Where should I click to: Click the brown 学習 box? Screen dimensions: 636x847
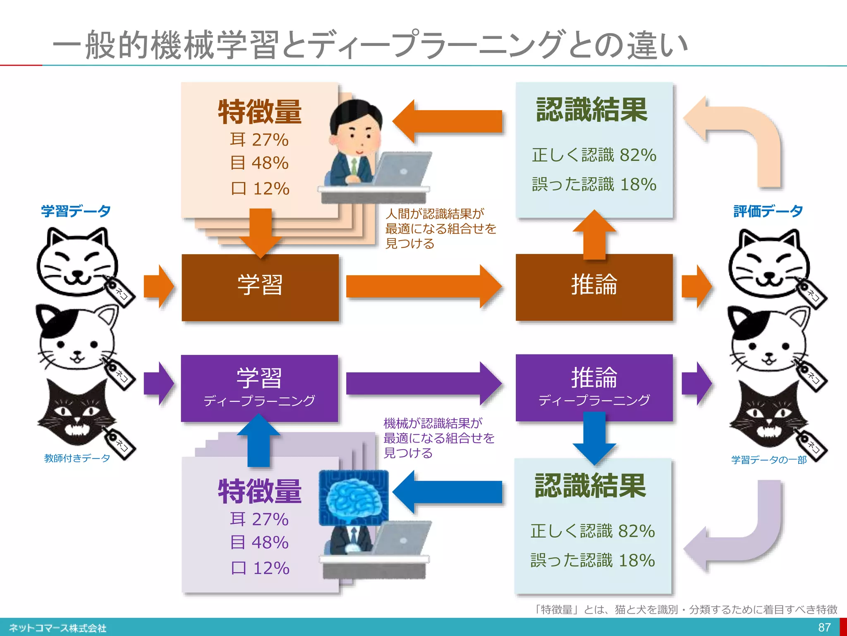(260, 287)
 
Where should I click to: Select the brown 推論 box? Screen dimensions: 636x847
(594, 287)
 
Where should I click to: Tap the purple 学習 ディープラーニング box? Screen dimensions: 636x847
(259, 388)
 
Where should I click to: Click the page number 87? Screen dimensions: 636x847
(824, 627)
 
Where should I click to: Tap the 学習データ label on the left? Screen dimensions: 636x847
(76, 211)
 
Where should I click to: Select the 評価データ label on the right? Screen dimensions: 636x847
(768, 211)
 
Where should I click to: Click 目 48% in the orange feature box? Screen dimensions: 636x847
(259, 163)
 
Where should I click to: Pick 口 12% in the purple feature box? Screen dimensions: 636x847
(260, 568)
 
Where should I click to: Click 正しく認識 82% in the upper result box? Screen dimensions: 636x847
(594, 155)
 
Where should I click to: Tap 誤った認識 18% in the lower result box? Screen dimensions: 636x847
(593, 560)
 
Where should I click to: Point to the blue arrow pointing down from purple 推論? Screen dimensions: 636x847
(594, 439)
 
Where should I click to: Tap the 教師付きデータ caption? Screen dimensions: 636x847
(77, 458)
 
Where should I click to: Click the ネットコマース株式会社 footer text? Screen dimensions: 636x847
(57, 628)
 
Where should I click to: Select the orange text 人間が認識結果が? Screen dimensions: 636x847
(434, 214)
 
